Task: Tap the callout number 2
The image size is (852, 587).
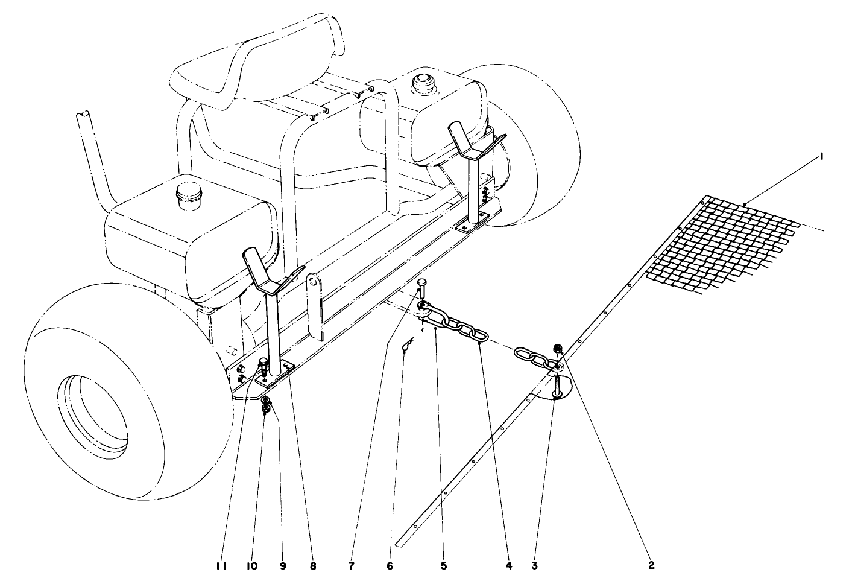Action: point(651,566)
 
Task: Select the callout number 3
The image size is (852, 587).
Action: point(534,566)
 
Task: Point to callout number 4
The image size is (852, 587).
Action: point(509,566)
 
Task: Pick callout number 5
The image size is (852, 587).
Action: point(443,566)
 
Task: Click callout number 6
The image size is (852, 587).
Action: point(390,566)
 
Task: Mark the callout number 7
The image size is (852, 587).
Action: point(351,566)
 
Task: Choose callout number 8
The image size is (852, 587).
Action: point(312,566)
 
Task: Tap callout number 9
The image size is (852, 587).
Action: point(283,566)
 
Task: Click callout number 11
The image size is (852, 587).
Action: point(221,566)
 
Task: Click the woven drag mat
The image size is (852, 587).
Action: point(724,247)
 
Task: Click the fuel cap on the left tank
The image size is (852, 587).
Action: point(188,195)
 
